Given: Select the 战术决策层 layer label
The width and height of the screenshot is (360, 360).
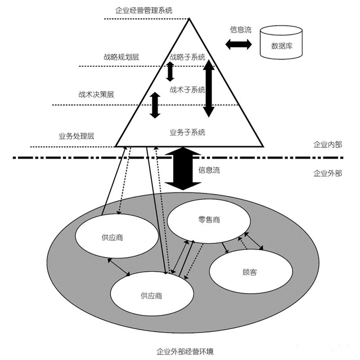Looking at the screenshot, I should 97,94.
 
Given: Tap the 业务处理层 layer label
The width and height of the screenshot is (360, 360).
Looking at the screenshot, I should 76,136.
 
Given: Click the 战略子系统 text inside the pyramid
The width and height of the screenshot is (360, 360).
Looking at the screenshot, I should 187,57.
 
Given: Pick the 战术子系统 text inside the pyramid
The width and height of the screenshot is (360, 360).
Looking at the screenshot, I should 187,89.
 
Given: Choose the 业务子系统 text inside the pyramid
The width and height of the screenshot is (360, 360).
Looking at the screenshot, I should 187,132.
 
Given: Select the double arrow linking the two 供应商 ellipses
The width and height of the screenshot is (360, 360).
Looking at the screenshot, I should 119,267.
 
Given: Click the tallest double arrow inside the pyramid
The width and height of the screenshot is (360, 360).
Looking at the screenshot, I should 209,88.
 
